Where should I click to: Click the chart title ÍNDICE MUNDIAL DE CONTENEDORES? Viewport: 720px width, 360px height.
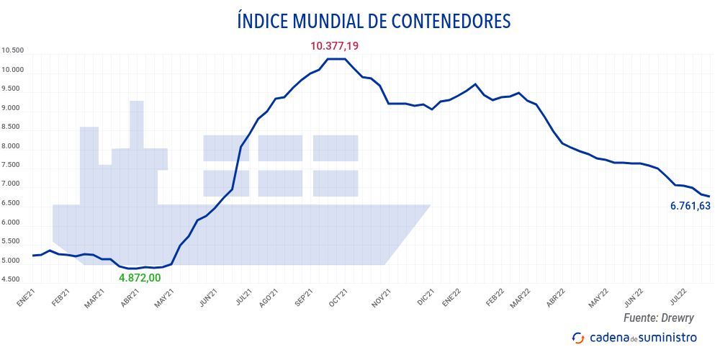[373, 21]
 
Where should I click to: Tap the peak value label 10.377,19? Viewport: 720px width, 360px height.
[334, 46]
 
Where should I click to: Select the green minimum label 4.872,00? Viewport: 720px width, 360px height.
[140, 278]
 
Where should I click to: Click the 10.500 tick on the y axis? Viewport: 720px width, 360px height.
[13, 51]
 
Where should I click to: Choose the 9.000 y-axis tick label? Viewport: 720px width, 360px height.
[13, 109]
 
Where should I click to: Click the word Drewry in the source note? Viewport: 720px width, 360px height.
[689, 318]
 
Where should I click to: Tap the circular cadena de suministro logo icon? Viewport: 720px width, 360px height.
[577, 338]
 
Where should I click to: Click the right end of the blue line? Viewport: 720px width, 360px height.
[709, 197]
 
